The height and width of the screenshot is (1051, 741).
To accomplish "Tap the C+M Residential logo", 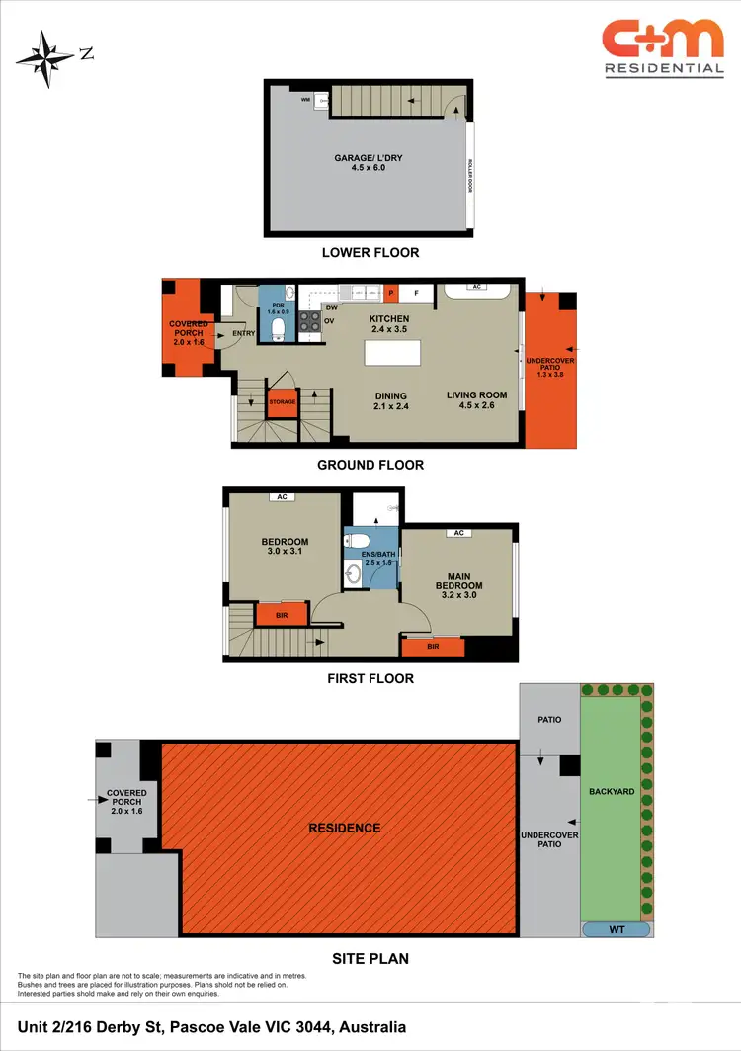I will [x=663, y=47].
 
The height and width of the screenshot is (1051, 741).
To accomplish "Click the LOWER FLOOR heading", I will [x=370, y=253].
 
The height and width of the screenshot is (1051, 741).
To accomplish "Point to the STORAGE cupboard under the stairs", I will [x=283, y=402].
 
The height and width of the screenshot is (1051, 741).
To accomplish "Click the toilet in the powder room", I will [x=278, y=327].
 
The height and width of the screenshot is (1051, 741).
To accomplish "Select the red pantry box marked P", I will [x=390, y=293].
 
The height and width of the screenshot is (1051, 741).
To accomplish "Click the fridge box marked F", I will [x=415, y=293].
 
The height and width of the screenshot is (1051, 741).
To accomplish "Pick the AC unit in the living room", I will [x=475, y=288].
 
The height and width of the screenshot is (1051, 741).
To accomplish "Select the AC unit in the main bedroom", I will [x=457, y=533].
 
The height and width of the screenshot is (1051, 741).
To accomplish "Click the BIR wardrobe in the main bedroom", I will [x=433, y=647].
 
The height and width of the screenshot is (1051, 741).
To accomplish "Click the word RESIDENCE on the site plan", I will [x=344, y=828].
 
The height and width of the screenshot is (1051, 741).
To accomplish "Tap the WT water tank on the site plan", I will [x=617, y=929].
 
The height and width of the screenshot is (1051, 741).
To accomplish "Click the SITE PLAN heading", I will [x=370, y=958].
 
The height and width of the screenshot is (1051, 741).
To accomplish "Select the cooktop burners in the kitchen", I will [x=309, y=321].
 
